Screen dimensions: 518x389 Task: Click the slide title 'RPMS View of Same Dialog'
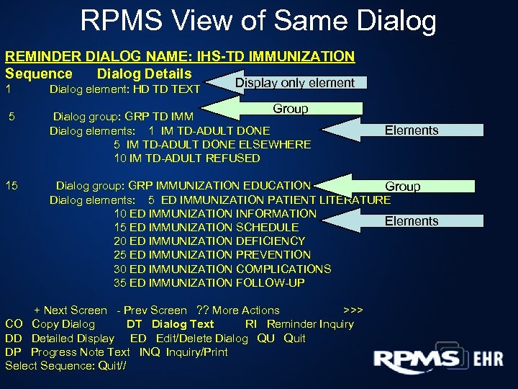[258, 21]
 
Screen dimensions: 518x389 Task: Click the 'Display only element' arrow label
[295, 83]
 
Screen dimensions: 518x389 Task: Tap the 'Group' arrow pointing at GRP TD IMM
[291, 109]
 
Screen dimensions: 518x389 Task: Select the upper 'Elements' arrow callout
[411, 130]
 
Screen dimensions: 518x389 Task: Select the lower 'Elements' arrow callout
[411, 221]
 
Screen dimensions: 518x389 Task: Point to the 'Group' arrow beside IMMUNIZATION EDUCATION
[402, 187]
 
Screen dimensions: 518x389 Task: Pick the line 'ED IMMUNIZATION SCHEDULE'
[206, 228]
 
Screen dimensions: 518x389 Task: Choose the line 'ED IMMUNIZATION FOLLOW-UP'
[209, 283]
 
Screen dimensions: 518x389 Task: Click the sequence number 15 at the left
[12, 186]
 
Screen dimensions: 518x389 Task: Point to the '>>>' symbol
[353, 310]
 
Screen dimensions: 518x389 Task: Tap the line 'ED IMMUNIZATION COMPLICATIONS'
[222, 269]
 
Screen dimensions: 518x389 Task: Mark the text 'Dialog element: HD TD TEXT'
[124, 90]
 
